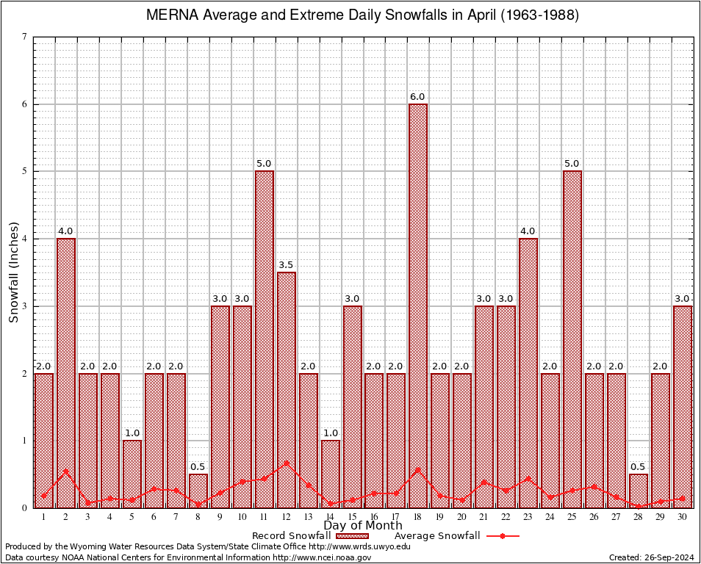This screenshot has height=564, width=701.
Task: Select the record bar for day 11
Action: pyautogui.click(x=265, y=339)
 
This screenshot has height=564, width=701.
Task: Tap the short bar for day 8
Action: pyautogui.click(x=198, y=491)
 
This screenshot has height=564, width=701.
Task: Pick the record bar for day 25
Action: pyautogui.click(x=572, y=339)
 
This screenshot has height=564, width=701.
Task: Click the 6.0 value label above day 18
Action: pyautogui.click(x=418, y=97)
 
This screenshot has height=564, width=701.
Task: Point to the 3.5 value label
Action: pyautogui.click(x=287, y=264)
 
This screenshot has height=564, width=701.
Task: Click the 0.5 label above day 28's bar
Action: pyautogui.click(x=639, y=467)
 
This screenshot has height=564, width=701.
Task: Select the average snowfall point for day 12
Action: pyautogui.click(x=287, y=463)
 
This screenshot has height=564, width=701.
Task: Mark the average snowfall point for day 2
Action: pyautogui.click(x=66, y=471)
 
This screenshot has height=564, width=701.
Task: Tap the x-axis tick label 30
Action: pyautogui.click(x=683, y=517)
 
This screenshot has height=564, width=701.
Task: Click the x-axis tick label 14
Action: pyautogui.click(x=331, y=517)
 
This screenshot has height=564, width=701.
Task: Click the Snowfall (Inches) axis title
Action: pyautogui.click(x=14, y=272)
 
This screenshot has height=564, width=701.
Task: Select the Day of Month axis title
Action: pyautogui.click(x=363, y=526)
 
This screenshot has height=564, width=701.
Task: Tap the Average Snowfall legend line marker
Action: pyautogui.click(x=502, y=536)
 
